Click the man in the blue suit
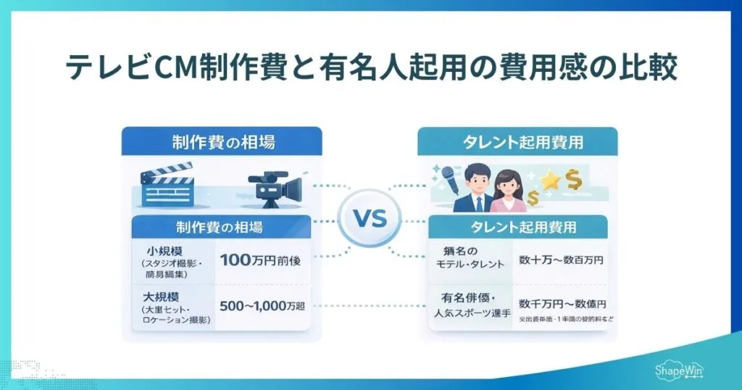[472, 189]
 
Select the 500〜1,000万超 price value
[262, 307]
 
